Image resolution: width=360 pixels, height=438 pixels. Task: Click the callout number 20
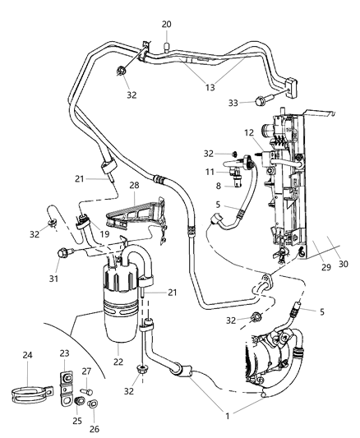click(166, 25)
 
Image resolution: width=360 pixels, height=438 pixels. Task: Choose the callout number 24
click(26, 356)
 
